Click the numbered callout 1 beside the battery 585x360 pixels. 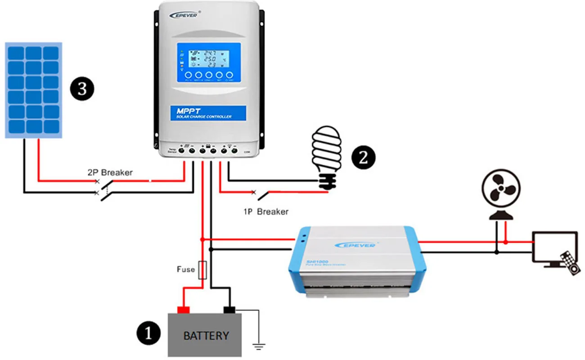pos(148,333)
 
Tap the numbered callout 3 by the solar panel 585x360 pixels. pos(82,89)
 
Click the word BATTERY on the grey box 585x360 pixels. pos(206,336)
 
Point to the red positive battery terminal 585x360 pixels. pos(183,310)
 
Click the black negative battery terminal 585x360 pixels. pos(229,310)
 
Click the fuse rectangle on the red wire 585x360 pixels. pos(202,270)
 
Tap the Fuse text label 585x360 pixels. pos(185,270)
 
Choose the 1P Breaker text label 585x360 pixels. pos(266,211)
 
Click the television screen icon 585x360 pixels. pos(554,247)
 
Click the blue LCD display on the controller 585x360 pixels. pos(208,63)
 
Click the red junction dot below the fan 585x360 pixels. pos(506,242)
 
